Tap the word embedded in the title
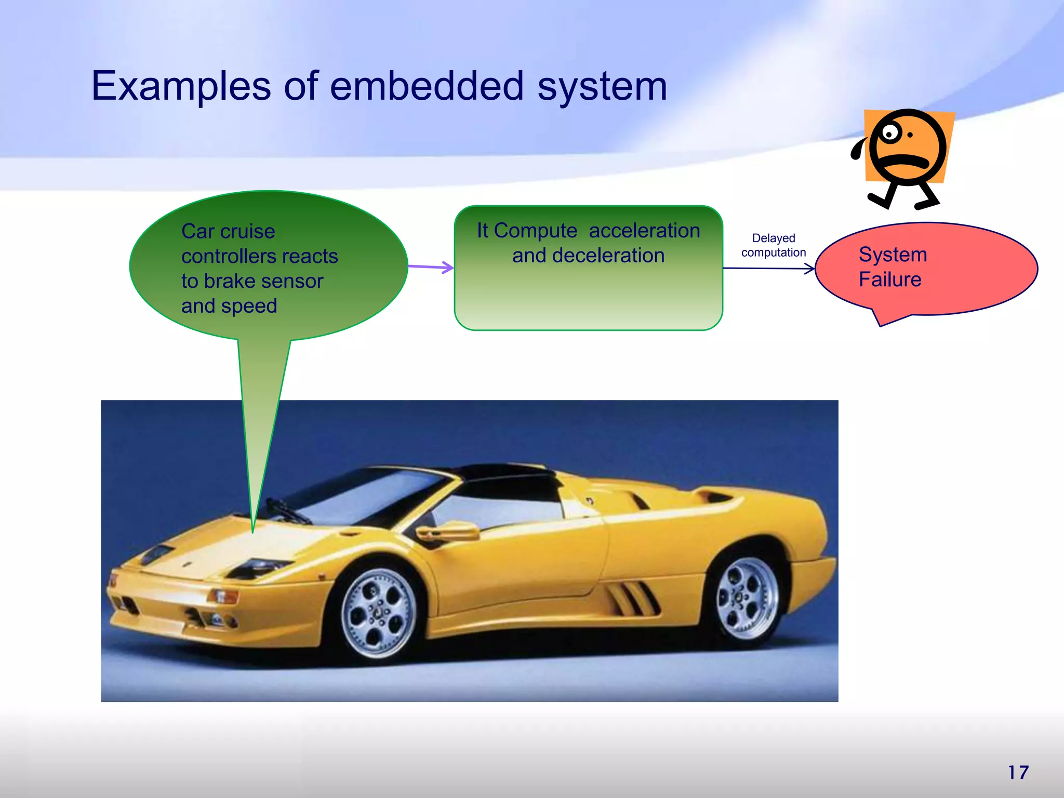click(x=427, y=86)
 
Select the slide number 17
click(x=1018, y=773)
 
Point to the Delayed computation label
click(x=773, y=245)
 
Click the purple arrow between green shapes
click(x=431, y=268)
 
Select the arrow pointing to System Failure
click(x=768, y=269)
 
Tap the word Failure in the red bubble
click(x=889, y=280)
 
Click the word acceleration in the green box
click(x=644, y=231)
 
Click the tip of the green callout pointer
click(x=253, y=531)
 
